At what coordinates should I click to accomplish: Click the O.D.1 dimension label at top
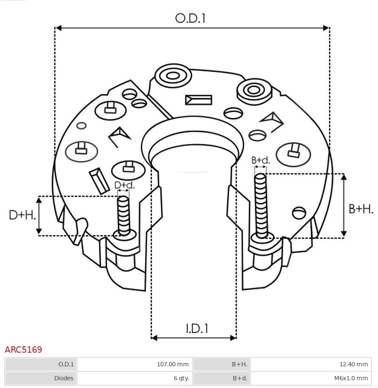190,18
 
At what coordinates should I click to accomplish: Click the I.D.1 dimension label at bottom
197,329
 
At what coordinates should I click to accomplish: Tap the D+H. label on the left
22,215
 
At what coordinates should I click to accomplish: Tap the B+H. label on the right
361,209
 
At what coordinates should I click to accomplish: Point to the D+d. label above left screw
124,185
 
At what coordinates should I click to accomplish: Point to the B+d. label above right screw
260,160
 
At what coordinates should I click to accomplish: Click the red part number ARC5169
23,350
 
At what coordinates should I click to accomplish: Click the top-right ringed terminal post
254,90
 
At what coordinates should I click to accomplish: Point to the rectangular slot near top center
198,100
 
